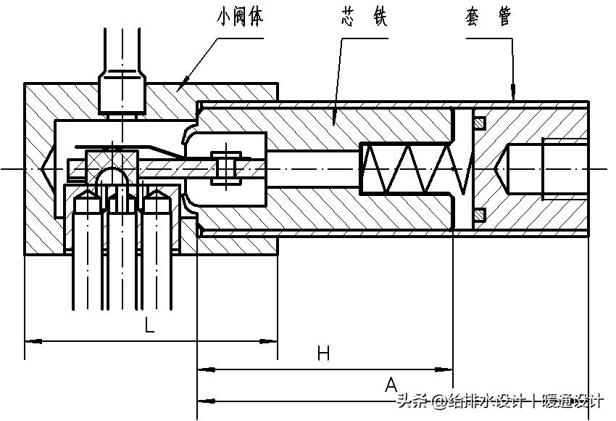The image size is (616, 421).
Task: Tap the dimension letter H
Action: tap(323, 354)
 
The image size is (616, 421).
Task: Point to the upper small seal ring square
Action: tap(478, 123)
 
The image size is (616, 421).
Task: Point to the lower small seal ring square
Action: tap(478, 214)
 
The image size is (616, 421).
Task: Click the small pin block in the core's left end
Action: tap(226, 168)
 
